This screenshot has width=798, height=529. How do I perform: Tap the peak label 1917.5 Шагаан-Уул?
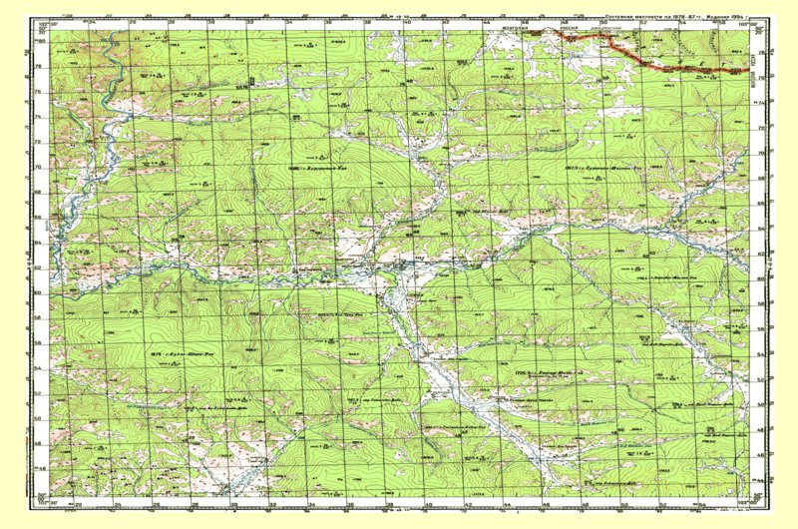(x=598, y=169)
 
